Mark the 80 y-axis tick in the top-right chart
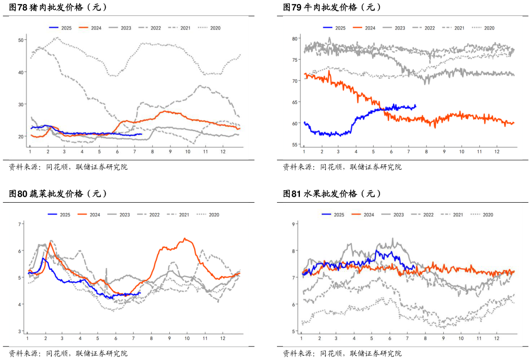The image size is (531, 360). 294,38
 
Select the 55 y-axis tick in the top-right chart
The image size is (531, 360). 294,145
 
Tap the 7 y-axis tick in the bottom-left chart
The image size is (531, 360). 20,224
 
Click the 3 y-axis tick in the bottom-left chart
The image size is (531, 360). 20,331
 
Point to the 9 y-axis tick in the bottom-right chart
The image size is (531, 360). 294,224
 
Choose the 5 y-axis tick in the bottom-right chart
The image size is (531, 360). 294,331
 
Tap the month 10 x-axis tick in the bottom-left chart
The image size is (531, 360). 187,339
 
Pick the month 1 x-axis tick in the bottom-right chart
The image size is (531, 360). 301,339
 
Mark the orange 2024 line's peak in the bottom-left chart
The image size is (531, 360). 185,239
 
